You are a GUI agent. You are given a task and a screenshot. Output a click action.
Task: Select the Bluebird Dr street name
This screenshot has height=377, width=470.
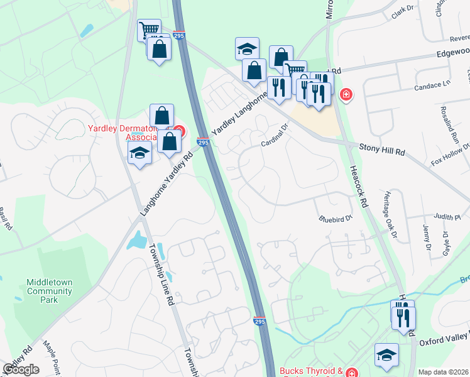coord(332,219)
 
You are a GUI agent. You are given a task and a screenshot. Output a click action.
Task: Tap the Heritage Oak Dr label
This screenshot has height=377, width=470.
coord(391,215)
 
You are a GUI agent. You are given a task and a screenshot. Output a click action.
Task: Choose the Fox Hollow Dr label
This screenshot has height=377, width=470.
coord(450,154)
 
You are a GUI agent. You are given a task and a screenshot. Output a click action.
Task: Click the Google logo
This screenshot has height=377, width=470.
coord(21,369)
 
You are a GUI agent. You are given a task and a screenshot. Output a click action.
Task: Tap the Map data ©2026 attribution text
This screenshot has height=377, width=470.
coord(444,372)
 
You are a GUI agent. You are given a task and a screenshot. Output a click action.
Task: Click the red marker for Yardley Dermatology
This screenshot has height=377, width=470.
coord(179,132)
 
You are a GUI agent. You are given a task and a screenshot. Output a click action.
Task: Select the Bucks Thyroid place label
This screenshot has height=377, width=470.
coord(311,372)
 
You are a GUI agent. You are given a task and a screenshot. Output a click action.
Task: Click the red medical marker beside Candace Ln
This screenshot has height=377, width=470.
coord(345,95)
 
